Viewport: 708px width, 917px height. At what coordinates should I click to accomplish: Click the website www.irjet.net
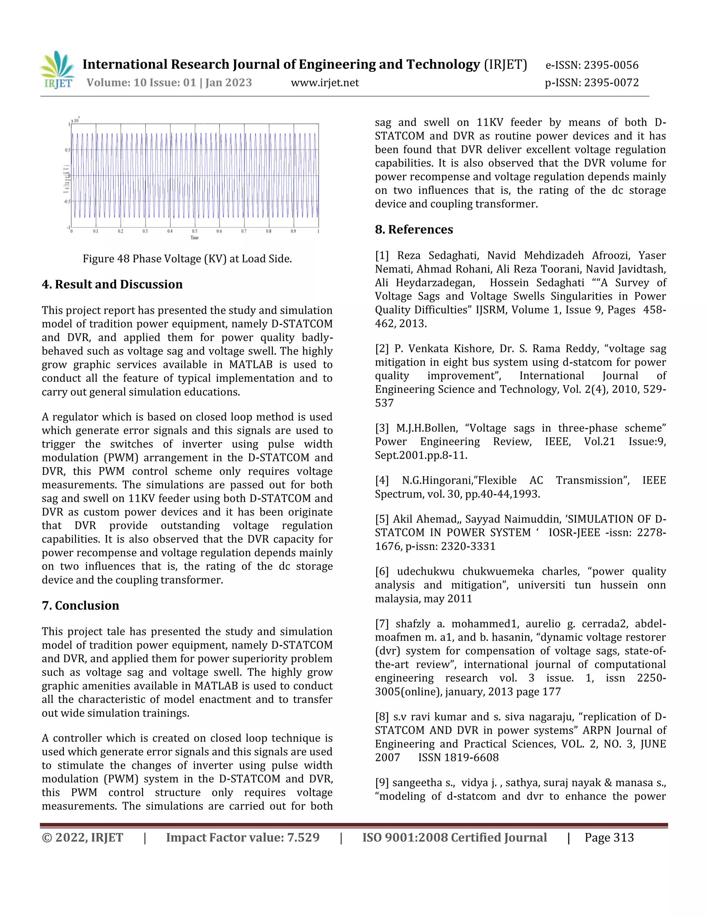[x=325, y=83]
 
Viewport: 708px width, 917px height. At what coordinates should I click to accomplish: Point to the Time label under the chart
[x=195, y=238]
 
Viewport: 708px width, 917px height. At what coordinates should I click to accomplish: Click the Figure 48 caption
[x=187, y=258]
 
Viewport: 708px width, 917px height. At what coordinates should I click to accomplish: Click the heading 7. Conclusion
[x=81, y=606]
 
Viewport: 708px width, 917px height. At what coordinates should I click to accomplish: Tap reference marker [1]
[x=382, y=255]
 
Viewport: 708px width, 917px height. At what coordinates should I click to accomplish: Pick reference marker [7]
[x=382, y=624]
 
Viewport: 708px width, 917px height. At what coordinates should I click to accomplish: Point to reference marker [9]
[x=382, y=783]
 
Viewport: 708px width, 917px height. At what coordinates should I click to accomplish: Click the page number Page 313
[x=609, y=838]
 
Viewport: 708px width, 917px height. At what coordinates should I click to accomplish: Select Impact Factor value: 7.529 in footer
[x=242, y=838]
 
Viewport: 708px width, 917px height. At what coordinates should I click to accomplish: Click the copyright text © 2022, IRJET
[x=83, y=838]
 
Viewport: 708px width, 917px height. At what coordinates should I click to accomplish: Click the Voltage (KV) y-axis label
[x=66, y=179]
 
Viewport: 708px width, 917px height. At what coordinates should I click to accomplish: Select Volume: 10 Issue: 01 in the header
[x=141, y=83]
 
